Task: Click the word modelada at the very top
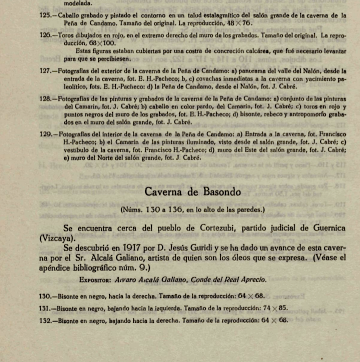[x=52, y=2]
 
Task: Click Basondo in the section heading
[x=216, y=191]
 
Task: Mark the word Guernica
[x=323, y=228]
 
